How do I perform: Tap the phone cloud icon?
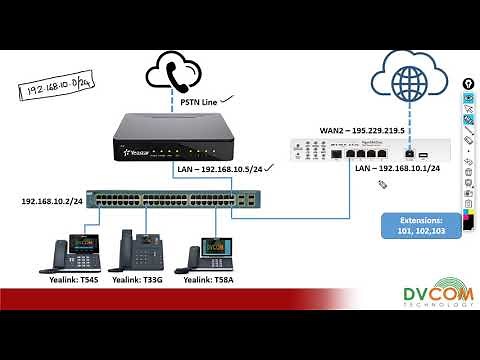click(175, 71)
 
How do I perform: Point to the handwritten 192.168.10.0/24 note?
click(52, 83)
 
